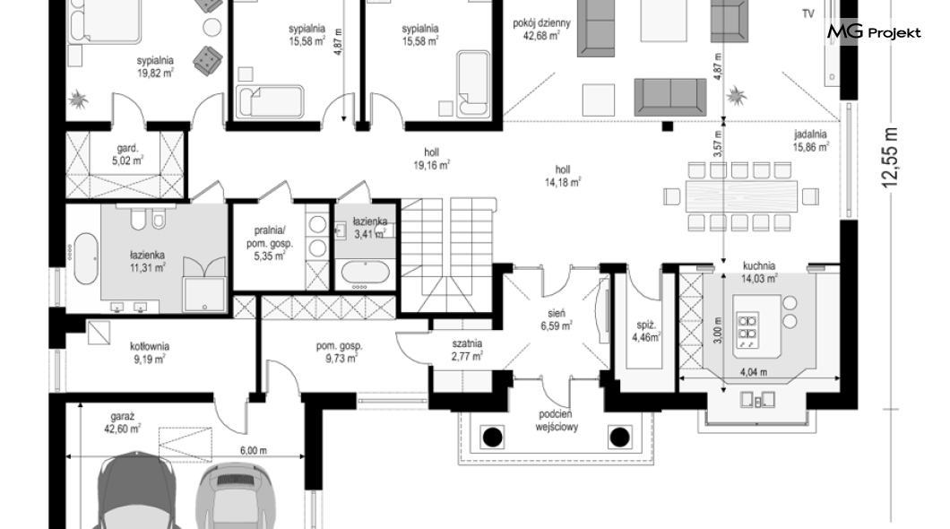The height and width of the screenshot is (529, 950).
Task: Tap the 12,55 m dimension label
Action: [x=889, y=158]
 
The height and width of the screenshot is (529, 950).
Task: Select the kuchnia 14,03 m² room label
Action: [x=759, y=272]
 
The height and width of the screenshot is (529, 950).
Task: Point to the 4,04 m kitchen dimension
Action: [x=753, y=372]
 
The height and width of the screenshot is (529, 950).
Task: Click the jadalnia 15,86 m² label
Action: [x=811, y=141]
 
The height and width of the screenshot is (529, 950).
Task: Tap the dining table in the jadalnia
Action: [x=741, y=195]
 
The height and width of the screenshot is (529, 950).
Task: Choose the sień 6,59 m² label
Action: [x=557, y=319]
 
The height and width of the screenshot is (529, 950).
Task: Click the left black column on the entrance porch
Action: [x=492, y=436]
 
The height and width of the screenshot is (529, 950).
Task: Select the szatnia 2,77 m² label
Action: [x=467, y=350]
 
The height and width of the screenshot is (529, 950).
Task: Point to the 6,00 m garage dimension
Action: [x=254, y=450]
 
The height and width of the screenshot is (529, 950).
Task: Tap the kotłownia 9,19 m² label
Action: [x=149, y=352]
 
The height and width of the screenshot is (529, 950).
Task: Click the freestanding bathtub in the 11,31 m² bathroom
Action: [x=85, y=258]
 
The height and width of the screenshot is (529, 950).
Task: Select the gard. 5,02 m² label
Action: [x=128, y=154]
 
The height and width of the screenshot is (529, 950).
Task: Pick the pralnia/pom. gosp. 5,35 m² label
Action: [x=270, y=243]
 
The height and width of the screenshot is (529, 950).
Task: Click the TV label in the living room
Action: [x=808, y=14]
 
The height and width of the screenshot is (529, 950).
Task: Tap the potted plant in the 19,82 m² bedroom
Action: [x=78, y=98]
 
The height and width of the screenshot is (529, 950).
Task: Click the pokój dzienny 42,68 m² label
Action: [x=541, y=29]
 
